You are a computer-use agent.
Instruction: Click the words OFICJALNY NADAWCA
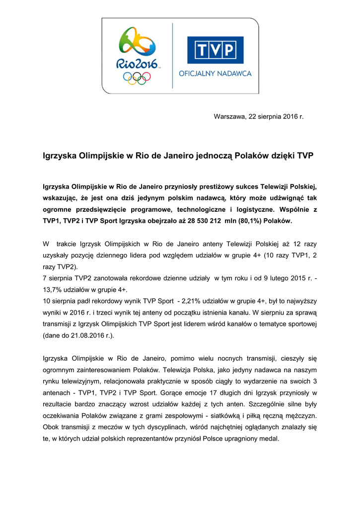coord(215,73)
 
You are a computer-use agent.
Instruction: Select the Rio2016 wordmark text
coord(137,63)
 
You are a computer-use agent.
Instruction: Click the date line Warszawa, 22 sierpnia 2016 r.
coord(258,117)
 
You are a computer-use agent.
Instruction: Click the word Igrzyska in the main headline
coord(61,155)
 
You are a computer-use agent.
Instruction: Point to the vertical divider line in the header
coord(172,56)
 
